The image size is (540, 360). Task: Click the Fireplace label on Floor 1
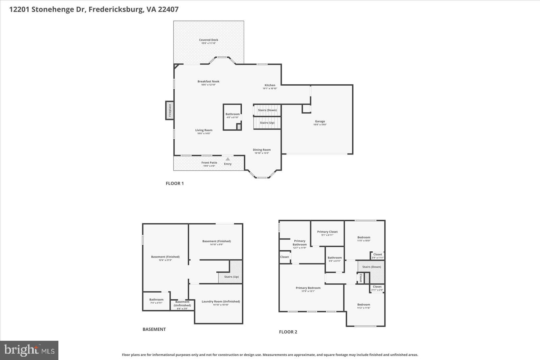click(170, 110)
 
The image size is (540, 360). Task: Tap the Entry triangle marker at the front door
click(228, 159)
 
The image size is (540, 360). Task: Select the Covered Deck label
click(209, 40)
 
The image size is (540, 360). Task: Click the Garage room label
click(320, 121)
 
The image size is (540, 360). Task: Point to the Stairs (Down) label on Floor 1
click(267, 110)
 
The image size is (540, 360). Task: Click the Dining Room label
click(262, 150)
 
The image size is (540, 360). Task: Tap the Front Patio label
click(209, 163)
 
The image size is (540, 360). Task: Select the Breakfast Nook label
click(209, 81)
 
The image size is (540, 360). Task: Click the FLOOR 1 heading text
click(174, 184)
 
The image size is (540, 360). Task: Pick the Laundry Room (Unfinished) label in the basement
click(221, 302)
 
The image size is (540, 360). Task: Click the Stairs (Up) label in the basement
click(232, 277)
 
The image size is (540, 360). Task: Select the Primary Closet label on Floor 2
click(327, 232)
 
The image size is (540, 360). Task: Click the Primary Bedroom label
click(308, 288)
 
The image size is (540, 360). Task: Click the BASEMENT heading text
click(154, 329)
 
